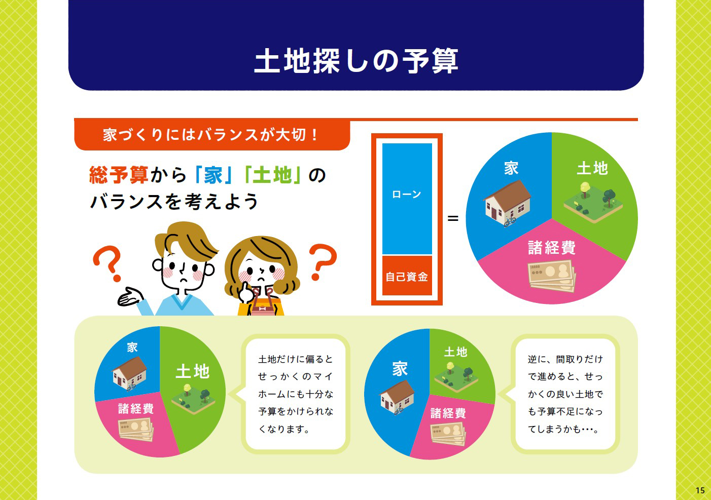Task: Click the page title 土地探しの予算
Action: click(356, 61)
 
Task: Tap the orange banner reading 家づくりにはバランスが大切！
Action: click(212, 134)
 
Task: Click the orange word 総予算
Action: click(118, 175)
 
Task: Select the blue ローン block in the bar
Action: click(407, 199)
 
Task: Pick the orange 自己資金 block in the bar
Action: click(407, 276)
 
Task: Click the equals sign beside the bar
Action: click(453, 218)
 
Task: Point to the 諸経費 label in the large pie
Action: click(552, 247)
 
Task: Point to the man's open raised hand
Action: click(130, 297)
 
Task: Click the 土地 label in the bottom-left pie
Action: click(193, 371)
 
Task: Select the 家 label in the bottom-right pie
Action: click(400, 368)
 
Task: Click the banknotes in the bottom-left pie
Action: click(136, 429)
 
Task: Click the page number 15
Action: click(700, 490)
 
